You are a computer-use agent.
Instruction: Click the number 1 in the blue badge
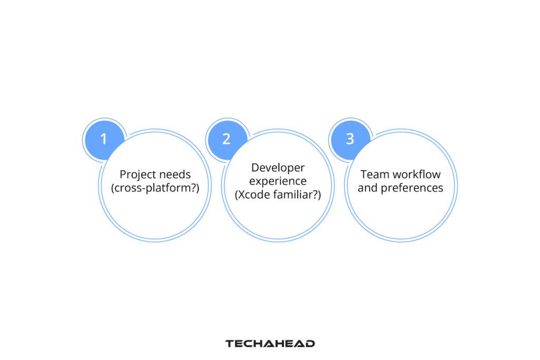pyautogui.click(x=103, y=139)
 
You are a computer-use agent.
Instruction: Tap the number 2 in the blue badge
pyautogui.click(x=226, y=139)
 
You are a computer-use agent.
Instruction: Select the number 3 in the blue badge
pyautogui.click(x=350, y=139)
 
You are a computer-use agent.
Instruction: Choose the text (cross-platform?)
pyautogui.click(x=155, y=188)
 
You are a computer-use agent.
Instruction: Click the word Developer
pyautogui.click(x=278, y=168)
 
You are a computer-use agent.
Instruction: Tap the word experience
pyautogui.click(x=278, y=181)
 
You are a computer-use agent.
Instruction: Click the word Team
pyautogui.click(x=373, y=174)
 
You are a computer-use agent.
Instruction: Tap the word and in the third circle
pyautogui.click(x=367, y=188)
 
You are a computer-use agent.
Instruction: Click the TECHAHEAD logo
pyautogui.click(x=270, y=344)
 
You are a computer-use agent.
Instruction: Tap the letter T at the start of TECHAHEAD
pyautogui.click(x=229, y=344)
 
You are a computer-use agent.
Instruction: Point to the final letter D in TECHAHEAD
pyautogui.click(x=311, y=344)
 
